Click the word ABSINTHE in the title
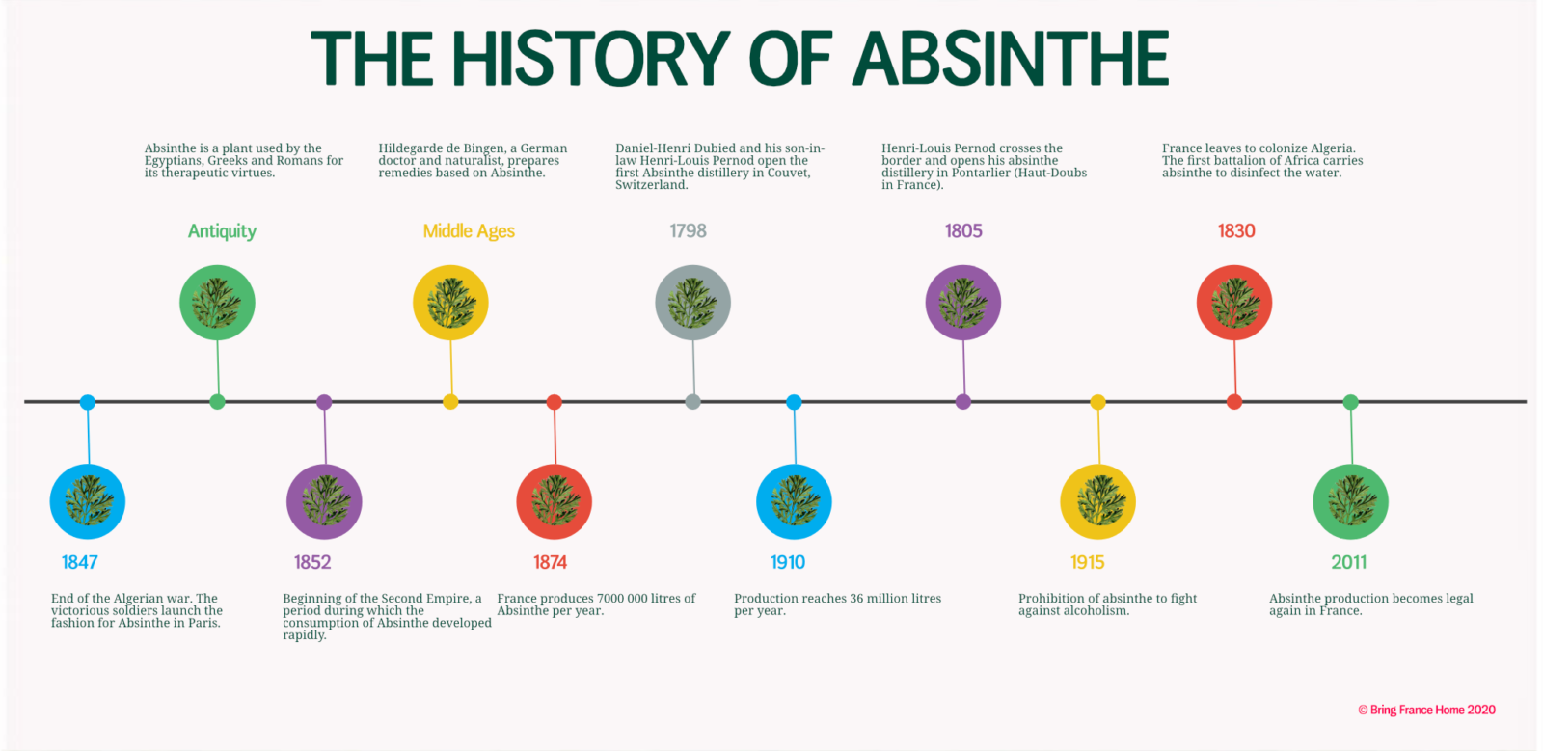click(1010, 59)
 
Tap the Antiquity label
click(222, 231)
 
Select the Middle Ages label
click(469, 230)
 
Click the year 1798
click(689, 230)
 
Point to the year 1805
click(963, 230)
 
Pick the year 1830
click(1235, 230)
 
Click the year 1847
click(79, 562)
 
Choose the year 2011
click(1349, 562)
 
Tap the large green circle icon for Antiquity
click(217, 302)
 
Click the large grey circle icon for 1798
click(692, 302)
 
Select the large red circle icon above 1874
click(554, 502)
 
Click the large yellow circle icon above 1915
click(1097, 502)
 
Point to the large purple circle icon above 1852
click(324, 502)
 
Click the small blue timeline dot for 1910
click(794, 402)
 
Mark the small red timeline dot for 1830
click(1233, 402)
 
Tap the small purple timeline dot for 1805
click(963, 402)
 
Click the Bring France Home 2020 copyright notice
click(1426, 710)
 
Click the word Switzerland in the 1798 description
click(651, 185)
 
